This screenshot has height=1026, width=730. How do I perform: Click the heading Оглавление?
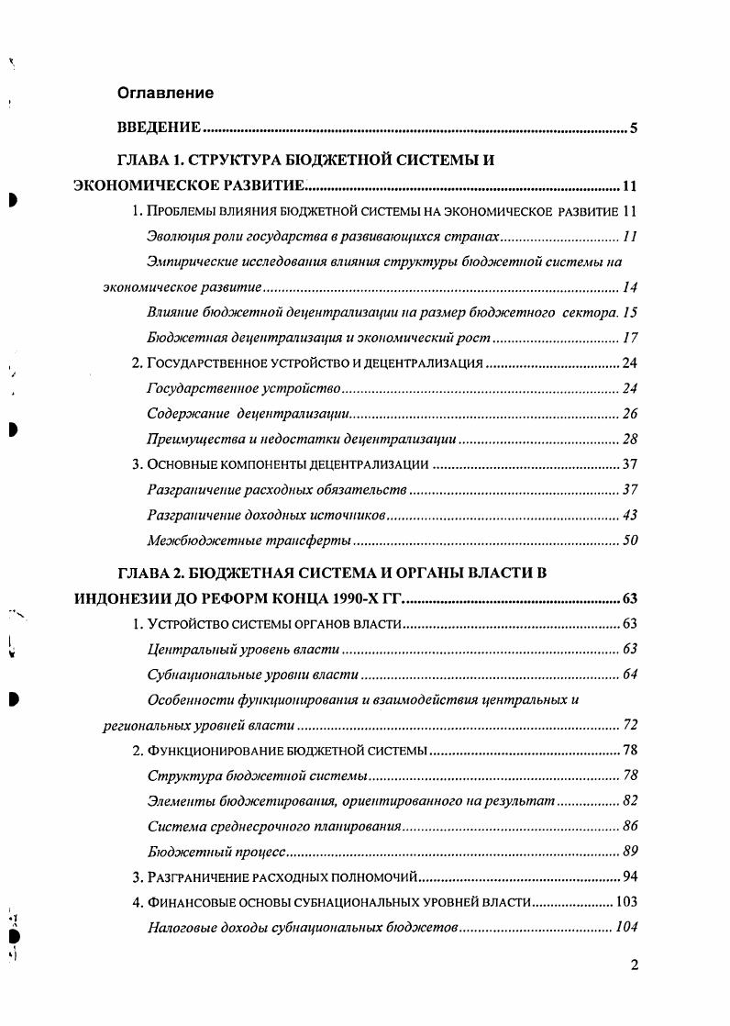[x=165, y=93]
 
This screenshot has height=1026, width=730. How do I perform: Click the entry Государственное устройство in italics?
[x=244, y=389]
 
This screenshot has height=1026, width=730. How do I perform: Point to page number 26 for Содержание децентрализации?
[x=629, y=414]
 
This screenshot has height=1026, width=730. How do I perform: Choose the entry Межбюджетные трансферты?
[x=249, y=541]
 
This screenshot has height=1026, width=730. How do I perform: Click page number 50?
[x=629, y=541]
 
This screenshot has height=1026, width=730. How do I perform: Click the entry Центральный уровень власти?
[x=243, y=650]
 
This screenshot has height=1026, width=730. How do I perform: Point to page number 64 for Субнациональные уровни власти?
[x=629, y=675]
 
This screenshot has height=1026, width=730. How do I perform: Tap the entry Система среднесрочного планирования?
[x=274, y=826]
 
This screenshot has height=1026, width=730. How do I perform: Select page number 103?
[x=625, y=902]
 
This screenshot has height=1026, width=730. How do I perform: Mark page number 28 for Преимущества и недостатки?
[x=629, y=440]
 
